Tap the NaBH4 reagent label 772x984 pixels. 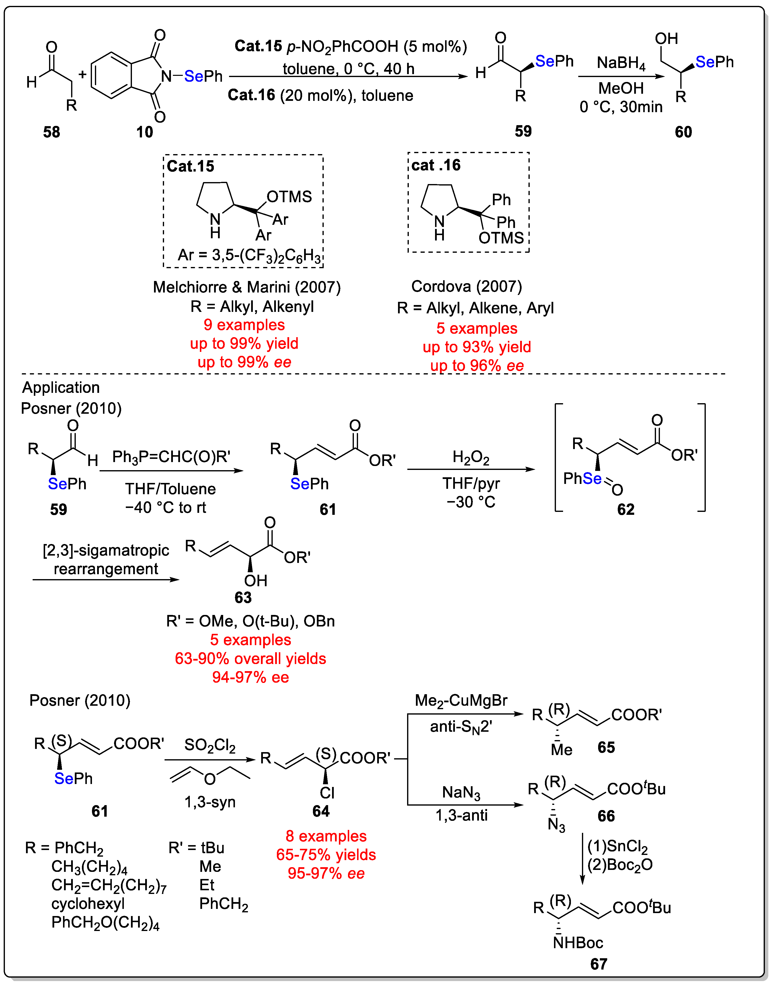pos(621,63)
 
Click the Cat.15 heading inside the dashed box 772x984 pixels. pos(190,166)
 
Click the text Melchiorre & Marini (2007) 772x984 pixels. pos(247,287)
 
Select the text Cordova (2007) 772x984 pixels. pos(466,286)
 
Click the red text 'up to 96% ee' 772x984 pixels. pos(477,365)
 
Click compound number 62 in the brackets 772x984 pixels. pos(626,510)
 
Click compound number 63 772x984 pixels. pos(243,598)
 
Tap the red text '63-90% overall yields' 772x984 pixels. pos(250,659)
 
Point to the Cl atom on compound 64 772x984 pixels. pos(327,793)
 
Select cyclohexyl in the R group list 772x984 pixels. pos(88,904)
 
